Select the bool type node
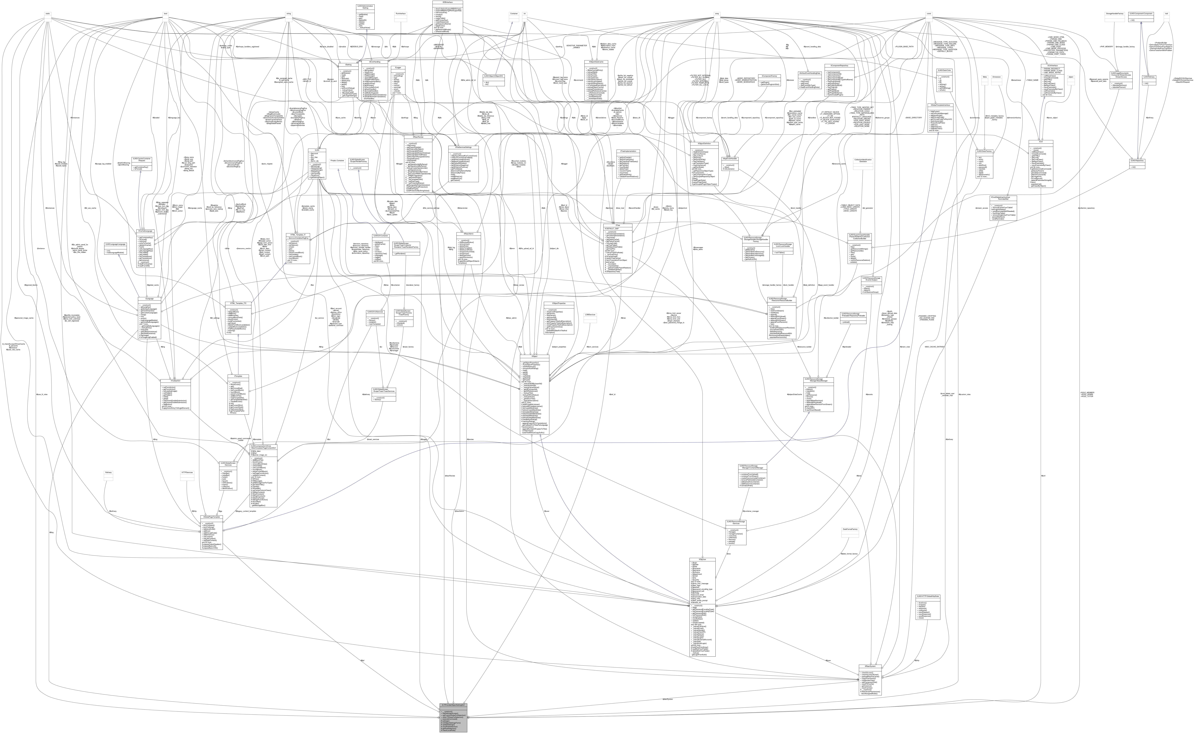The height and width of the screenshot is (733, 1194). pos(165,14)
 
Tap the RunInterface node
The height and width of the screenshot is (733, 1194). pos(401,14)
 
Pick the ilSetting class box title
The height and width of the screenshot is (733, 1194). pos(348,64)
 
